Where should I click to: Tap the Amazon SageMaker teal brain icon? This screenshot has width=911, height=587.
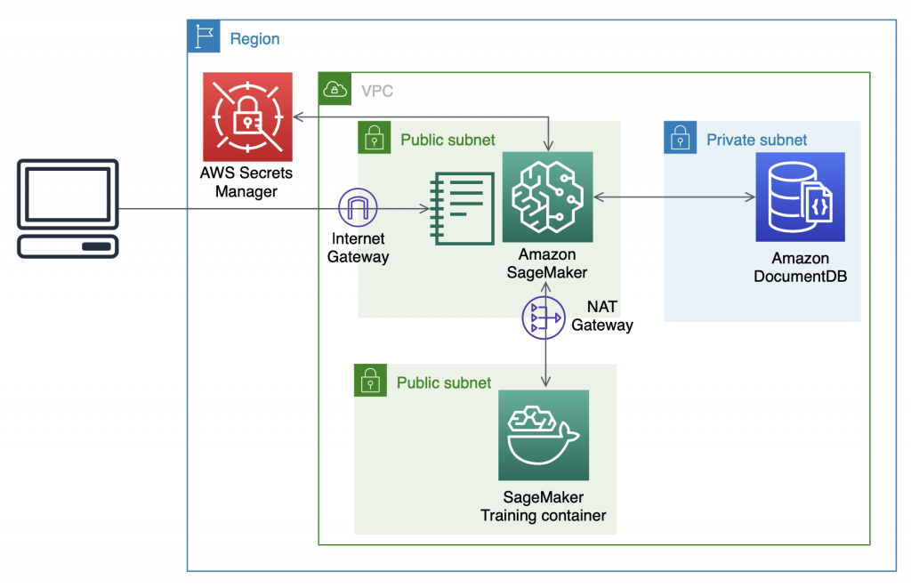click(547, 197)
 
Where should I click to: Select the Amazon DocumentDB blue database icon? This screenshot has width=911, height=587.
click(800, 197)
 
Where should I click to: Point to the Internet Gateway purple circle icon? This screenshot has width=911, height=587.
click(358, 210)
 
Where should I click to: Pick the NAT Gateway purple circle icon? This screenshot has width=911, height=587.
click(544, 318)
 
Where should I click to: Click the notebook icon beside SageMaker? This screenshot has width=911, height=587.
click(462, 207)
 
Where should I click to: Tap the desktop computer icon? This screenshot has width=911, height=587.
click(69, 209)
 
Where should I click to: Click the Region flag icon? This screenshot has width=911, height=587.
click(202, 37)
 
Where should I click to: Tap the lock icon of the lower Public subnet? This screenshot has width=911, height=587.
click(370, 381)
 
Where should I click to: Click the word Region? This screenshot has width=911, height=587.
click(254, 39)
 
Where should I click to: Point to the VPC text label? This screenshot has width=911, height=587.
click(377, 91)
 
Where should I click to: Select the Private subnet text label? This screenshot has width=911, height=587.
click(756, 140)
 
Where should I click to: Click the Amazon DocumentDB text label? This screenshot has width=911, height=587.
click(801, 267)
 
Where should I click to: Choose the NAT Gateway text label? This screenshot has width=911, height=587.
click(602, 316)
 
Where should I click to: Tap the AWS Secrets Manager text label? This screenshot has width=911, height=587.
click(246, 182)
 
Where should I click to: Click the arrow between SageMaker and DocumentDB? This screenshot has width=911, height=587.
click(673, 196)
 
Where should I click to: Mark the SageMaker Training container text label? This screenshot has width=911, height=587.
click(544, 506)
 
